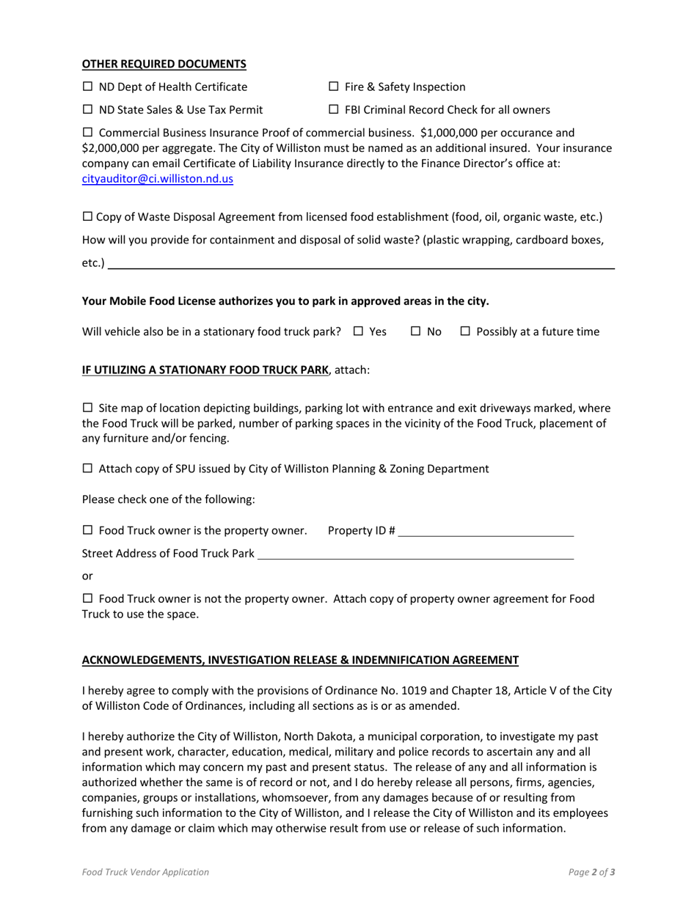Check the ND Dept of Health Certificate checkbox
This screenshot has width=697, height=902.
pos(87,87)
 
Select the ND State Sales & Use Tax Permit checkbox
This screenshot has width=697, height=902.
pos(87,111)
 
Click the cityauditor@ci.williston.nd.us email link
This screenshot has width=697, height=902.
pos(157,178)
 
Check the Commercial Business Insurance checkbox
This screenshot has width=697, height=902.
pos(87,133)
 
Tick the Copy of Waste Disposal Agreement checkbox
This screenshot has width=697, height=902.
pos(87,217)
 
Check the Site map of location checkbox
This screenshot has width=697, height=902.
pos(87,408)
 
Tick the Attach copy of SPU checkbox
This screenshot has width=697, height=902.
pos(87,469)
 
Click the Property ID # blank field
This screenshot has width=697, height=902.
pos(485,531)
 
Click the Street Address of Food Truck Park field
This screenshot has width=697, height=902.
pos(415,554)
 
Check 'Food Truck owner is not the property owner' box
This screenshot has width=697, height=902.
pos(87,599)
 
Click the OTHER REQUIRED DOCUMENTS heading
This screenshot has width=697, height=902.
pos(164,64)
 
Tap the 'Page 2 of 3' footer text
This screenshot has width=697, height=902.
pos(591,873)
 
